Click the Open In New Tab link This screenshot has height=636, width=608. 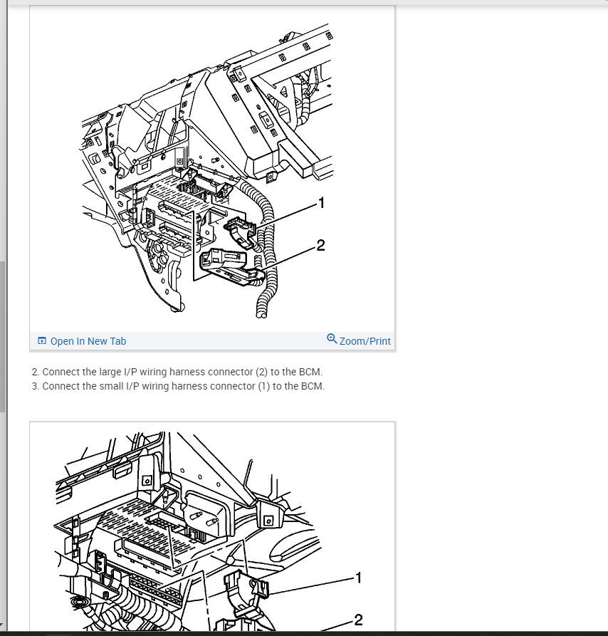pyautogui.click(x=88, y=341)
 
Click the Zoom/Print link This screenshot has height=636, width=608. pyautogui.click(x=365, y=341)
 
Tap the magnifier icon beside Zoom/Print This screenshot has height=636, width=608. pyautogui.click(x=332, y=338)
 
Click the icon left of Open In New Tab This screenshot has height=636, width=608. pyautogui.click(x=42, y=341)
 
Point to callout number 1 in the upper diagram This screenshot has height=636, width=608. pyautogui.click(x=321, y=204)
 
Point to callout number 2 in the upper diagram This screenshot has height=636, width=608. pyautogui.click(x=320, y=246)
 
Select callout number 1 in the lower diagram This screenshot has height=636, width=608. pyautogui.click(x=358, y=578)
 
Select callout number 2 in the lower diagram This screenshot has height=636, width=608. pyautogui.click(x=358, y=620)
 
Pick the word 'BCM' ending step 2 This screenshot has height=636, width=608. pyautogui.click(x=311, y=372)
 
